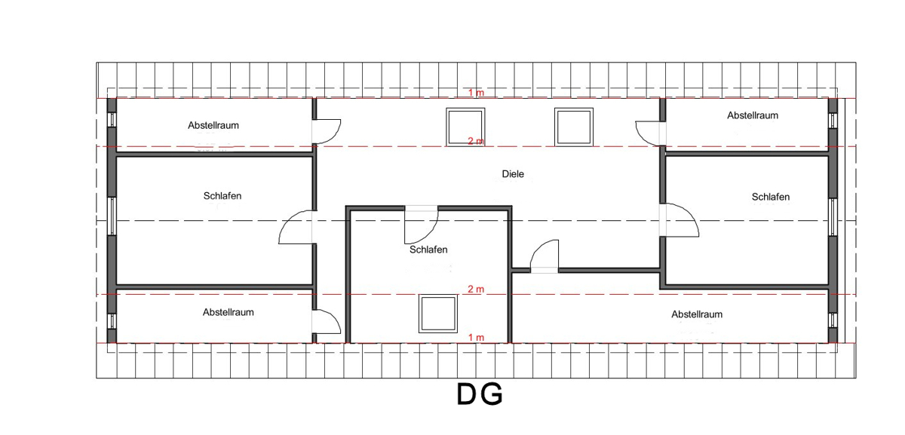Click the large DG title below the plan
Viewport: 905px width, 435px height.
480,394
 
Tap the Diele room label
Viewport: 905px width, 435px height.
513,174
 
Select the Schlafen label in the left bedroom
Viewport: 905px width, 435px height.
222,196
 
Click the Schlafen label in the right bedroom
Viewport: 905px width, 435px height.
771,197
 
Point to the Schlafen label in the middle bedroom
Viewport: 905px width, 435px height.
428,250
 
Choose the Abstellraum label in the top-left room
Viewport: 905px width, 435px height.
213,125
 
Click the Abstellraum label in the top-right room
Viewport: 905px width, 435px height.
753,115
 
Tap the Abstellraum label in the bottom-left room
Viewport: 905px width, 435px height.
228,312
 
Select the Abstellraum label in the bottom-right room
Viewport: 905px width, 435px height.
697,314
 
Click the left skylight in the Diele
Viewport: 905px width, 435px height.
465,127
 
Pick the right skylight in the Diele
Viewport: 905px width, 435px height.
572,127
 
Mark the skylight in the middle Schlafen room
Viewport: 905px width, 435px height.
437,314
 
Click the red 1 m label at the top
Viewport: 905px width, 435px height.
476,93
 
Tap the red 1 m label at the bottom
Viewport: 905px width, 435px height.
476,337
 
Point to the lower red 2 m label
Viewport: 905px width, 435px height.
476,289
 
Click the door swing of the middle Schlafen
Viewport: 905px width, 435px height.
421,223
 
